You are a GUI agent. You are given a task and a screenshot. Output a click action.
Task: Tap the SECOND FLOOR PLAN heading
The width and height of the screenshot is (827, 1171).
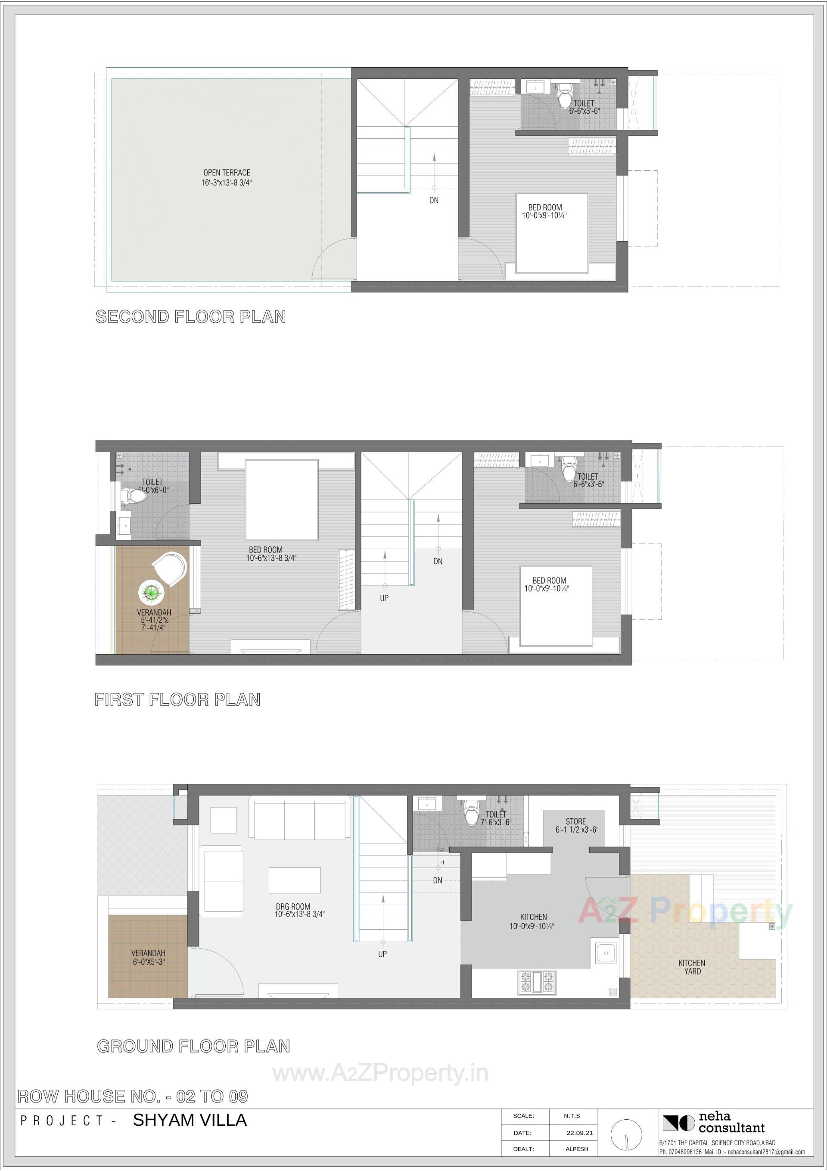[x=191, y=317]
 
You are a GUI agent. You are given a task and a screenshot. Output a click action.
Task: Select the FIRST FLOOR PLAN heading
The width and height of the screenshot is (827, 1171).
[x=177, y=699]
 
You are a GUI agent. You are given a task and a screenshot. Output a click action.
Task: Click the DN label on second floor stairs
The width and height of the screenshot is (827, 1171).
[x=433, y=200]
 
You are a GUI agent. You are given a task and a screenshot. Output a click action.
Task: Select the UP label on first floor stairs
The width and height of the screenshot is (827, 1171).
[x=383, y=598]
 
